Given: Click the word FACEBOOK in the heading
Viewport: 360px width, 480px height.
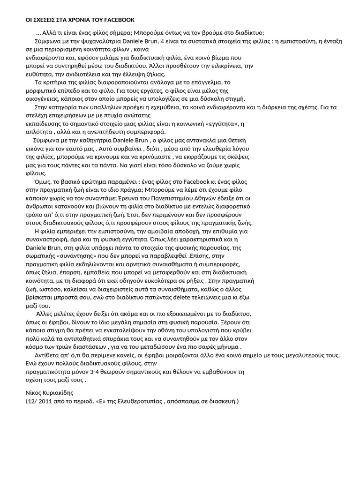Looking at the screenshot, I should click(120, 20).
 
